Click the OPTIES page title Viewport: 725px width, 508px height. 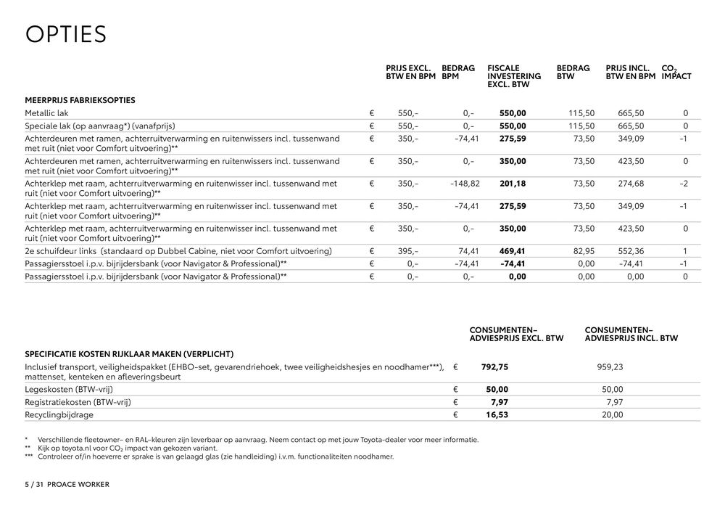[66, 34]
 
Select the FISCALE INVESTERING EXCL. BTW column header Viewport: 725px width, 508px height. [514, 76]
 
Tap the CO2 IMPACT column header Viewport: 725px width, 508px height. [676, 72]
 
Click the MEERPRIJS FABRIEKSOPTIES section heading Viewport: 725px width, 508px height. [80, 100]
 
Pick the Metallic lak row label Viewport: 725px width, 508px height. [46, 113]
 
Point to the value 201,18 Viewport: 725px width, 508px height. [513, 184]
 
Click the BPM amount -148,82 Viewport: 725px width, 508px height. [465, 184]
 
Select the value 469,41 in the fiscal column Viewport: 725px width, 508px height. [513, 251]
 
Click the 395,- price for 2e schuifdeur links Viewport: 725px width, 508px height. [408, 251]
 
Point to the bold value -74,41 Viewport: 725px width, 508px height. [512, 263]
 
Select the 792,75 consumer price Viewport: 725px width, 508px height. [494, 367]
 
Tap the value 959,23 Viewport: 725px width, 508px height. [609, 367]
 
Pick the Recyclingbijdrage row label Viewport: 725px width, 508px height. [59, 414]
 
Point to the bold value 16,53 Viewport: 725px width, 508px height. [498, 414]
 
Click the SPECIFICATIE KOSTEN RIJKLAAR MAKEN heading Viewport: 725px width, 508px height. [129, 354]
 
